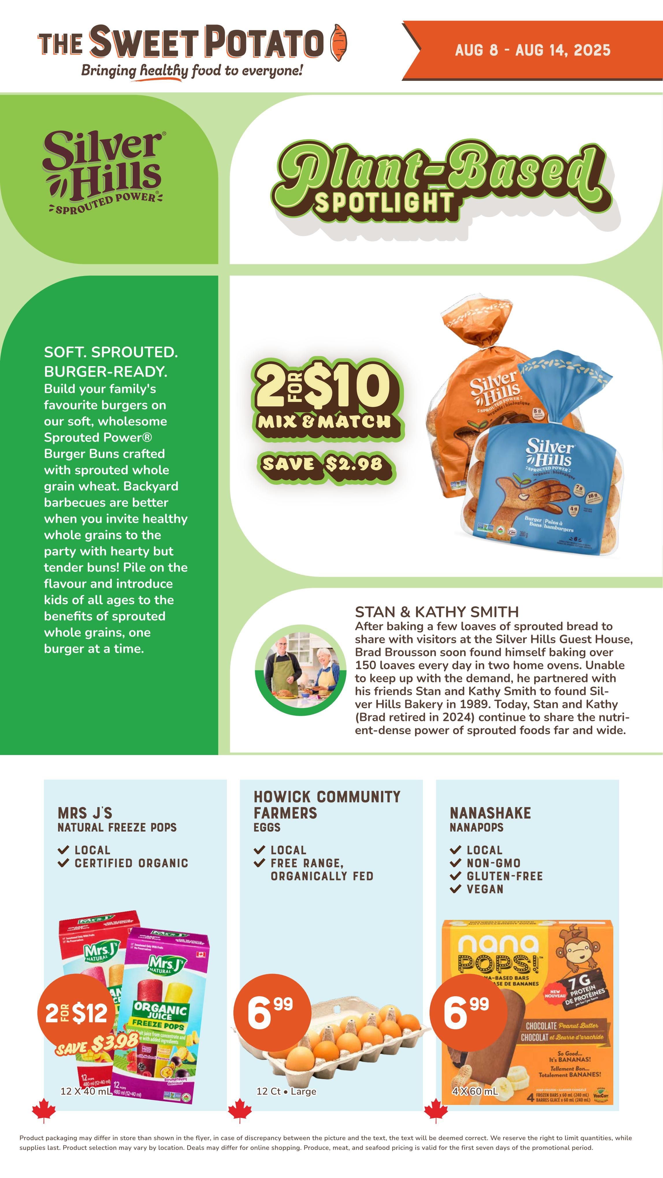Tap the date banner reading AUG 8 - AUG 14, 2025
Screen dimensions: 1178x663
pos(532,50)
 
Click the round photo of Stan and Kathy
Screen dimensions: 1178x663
pos(301,670)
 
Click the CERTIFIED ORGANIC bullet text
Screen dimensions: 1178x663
pos(131,863)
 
